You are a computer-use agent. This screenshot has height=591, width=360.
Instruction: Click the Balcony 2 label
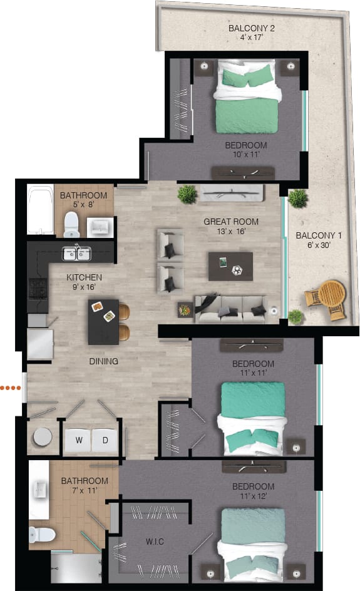pyautogui.click(x=252, y=29)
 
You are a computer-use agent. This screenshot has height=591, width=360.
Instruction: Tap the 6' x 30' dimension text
pyautogui.click(x=319, y=245)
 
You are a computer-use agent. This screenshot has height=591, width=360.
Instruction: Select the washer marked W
pyautogui.click(x=79, y=440)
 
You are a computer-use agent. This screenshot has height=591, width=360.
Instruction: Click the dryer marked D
pyautogui.click(x=105, y=440)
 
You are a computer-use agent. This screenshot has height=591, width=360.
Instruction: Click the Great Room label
pyautogui.click(x=231, y=222)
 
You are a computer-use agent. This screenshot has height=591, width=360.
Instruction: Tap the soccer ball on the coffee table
pyautogui.click(x=237, y=270)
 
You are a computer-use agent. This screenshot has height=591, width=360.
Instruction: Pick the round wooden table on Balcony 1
pyautogui.click(x=332, y=292)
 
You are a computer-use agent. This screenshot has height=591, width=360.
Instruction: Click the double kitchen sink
pyautogui.click(x=76, y=254)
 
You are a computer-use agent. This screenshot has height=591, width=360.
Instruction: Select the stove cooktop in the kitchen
pyautogui.click(x=38, y=289)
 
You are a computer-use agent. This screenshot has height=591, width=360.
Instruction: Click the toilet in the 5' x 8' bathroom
pyautogui.click(x=71, y=222)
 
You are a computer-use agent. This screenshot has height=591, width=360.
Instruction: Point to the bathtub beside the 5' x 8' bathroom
pyautogui.click(x=40, y=210)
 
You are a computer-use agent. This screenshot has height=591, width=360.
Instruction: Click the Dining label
pyautogui.click(x=103, y=361)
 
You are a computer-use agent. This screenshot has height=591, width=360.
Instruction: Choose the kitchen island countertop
pyautogui.click(x=103, y=321)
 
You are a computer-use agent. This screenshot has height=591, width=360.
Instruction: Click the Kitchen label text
pyautogui.click(x=85, y=277)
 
